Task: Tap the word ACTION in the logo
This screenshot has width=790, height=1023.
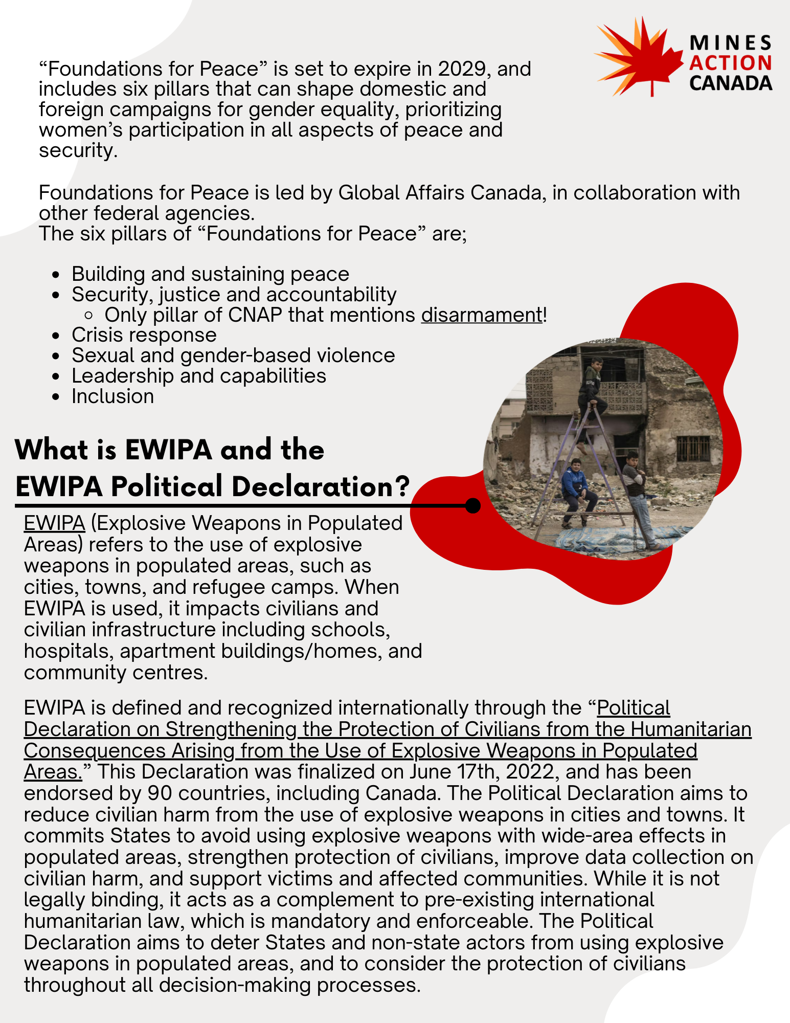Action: pos(730,63)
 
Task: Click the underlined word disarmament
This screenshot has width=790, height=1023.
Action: pos(482,315)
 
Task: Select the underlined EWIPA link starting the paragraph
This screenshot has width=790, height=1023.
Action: pos(54,523)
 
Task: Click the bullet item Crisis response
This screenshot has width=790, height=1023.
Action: pos(144,335)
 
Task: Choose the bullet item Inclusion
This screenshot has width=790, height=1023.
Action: pos(112,396)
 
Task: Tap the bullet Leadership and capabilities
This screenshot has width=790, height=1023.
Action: pos(198,376)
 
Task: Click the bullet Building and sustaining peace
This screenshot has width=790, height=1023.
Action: pos(210,274)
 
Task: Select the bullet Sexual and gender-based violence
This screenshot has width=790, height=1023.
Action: pos(233,355)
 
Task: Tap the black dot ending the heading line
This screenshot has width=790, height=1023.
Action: pos(473,505)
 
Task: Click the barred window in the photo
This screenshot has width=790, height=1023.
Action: pos(693,449)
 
